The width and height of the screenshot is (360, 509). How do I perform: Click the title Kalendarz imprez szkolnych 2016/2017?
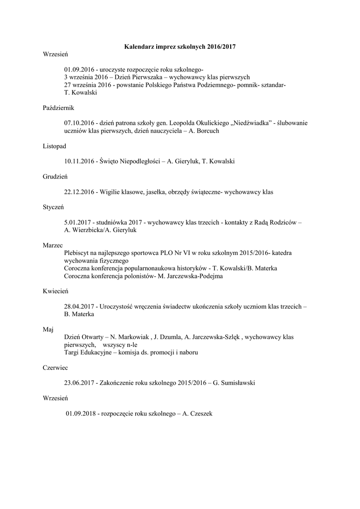pos(180,47)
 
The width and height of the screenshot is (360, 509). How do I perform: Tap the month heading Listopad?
pos(54,146)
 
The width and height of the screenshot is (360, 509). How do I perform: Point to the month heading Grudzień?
pos(55,176)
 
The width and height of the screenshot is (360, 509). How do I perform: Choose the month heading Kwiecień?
pos(55,291)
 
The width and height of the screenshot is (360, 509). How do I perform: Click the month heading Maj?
pos(49,329)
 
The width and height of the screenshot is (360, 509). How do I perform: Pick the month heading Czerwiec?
pos(56,368)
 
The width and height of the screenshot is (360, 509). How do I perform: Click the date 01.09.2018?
pos(82,414)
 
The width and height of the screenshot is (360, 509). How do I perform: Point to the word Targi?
pos(72,352)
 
